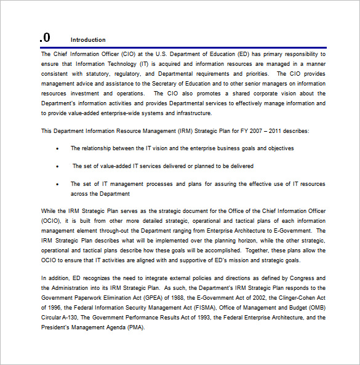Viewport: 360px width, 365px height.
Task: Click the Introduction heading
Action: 88,40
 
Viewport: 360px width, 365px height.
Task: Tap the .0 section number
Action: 45,38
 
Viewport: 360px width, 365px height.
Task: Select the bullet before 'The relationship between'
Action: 58,148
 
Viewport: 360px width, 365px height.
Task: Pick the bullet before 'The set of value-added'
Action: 58,166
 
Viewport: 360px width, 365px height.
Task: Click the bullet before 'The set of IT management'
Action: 58,184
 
